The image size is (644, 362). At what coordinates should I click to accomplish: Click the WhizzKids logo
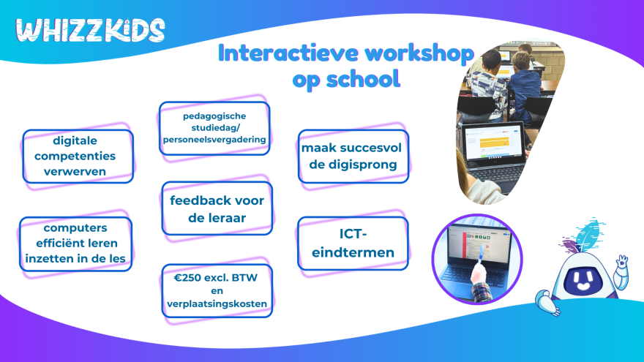[90, 30]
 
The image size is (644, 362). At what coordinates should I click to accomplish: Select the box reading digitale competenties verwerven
[78, 157]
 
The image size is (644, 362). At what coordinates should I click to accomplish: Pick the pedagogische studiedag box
[214, 128]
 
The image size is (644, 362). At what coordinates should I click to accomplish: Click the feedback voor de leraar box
[217, 208]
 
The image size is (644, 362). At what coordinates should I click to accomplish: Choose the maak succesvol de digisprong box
[353, 157]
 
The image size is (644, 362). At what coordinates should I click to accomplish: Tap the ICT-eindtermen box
[353, 244]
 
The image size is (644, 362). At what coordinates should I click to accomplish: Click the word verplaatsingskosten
[217, 303]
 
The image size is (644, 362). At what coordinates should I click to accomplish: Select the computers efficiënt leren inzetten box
[75, 244]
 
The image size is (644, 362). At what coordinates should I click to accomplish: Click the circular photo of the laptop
[477, 259]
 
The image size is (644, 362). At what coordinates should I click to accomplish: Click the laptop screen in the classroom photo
[493, 141]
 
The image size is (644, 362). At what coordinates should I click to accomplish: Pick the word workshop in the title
[419, 54]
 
